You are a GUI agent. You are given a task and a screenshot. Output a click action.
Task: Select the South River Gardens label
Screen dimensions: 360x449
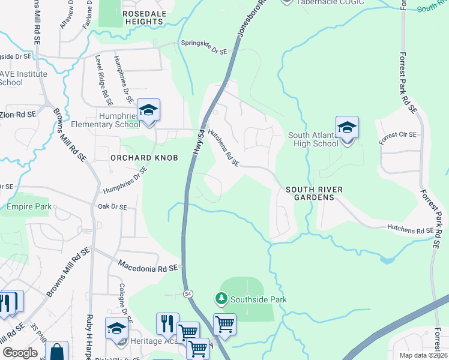[314, 193]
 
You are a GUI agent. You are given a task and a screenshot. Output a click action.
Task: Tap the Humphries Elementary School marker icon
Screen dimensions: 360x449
[148, 110]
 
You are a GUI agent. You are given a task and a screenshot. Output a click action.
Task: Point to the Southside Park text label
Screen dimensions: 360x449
[259, 299]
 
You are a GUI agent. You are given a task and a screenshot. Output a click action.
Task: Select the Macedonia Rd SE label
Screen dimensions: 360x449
[148, 265]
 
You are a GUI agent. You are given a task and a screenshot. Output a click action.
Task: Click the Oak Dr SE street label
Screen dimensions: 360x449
[113, 207]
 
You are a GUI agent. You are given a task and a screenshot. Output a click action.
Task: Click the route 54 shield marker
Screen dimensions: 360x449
[188, 293]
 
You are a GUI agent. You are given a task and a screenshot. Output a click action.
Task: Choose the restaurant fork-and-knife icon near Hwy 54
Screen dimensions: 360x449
[167, 323]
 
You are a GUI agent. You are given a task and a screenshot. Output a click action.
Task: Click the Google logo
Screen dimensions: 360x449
[20, 353]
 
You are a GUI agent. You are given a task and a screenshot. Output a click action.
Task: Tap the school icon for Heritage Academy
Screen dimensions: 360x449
[116, 329]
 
